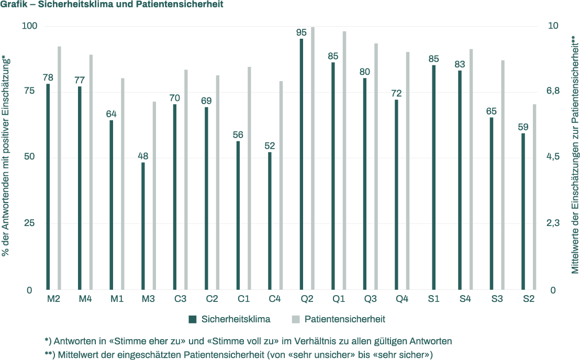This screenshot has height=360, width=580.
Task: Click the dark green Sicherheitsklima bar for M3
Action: (143, 226)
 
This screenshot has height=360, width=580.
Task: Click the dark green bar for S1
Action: (433, 177)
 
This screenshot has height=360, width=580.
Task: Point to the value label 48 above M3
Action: (143, 156)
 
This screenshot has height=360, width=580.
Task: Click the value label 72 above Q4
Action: (396, 94)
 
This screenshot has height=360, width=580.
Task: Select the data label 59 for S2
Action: (523, 127)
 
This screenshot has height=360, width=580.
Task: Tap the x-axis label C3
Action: (180, 299)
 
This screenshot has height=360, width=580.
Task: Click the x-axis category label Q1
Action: (339, 299)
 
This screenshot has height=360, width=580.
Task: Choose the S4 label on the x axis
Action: (465, 299)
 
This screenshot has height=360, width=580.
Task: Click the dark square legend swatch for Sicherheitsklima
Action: (192, 319)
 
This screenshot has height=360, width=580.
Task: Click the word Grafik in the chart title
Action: (15, 5)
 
